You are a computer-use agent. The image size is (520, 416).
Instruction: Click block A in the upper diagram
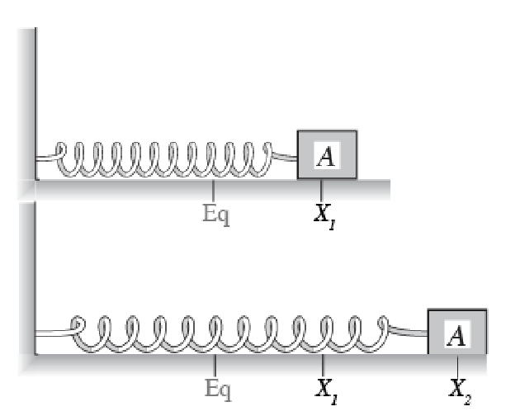coord(327,154)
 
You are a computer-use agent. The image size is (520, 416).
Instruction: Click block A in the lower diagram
coord(457,332)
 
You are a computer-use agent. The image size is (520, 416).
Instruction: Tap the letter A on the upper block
coord(326,156)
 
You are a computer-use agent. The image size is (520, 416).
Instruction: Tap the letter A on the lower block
coord(456,335)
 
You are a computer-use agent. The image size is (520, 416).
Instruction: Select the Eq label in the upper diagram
coord(216,215)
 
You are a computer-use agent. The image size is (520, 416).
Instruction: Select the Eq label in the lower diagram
coord(218,390)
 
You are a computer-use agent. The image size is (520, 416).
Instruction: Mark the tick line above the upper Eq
coord(213,190)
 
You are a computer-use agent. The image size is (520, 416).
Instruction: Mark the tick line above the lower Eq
coord(215,365)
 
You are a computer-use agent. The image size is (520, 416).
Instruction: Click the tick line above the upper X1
coord(321,190)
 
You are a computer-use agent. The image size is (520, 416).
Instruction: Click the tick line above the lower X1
coord(323,365)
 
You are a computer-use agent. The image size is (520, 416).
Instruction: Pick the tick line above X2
coord(457,366)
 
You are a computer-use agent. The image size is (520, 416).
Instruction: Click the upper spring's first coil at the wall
coord(62,159)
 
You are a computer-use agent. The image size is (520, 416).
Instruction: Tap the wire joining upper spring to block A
coord(285,156)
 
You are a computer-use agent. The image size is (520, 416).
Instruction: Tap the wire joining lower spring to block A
coord(408,331)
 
